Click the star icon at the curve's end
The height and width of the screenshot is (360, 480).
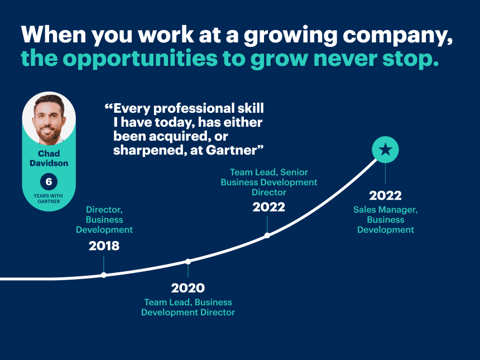pos(385,150)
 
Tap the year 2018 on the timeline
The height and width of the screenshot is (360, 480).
pos(104,246)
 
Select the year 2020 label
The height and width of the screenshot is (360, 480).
pos(188,288)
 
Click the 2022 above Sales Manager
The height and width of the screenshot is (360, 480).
pos(385,195)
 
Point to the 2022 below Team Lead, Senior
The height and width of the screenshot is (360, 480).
pos(269,207)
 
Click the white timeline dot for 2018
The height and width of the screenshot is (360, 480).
pos(104,275)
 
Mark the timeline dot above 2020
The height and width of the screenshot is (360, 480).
pos(188,261)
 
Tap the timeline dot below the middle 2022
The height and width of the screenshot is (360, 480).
pos(267,236)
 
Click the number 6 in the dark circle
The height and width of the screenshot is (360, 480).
pos(49,182)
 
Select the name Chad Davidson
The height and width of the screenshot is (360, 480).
pos(49,159)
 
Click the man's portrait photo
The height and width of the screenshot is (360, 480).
pos(49,119)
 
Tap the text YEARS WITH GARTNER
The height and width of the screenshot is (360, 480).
pos(49,198)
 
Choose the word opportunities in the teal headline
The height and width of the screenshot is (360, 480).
pos(140,59)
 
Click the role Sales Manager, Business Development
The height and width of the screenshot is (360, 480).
pos(386,220)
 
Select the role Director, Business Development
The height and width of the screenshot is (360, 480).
pos(104,220)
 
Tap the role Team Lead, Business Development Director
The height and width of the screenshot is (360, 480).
pos(188,308)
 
